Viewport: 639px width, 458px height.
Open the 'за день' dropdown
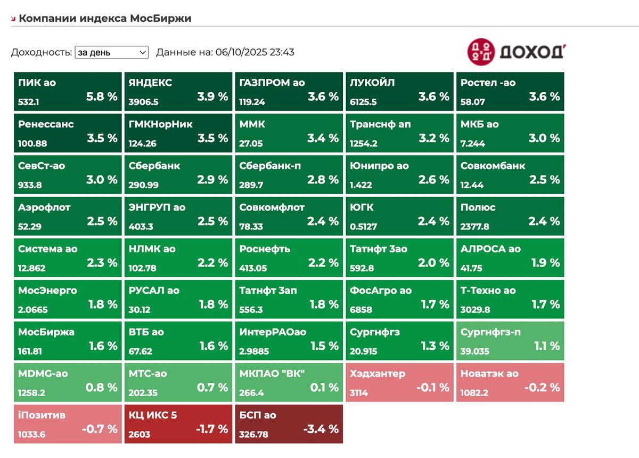[112, 52]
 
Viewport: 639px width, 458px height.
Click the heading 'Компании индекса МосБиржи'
[105, 18]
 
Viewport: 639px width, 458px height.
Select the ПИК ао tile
[68, 92]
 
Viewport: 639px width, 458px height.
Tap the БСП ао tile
[289, 424]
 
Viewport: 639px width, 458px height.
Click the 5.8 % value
[102, 97]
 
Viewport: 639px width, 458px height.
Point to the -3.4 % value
[321, 429]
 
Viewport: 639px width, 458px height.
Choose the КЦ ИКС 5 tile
[178, 424]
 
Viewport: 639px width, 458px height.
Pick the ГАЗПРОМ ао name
[272, 83]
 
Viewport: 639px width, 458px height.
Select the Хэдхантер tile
[399, 382]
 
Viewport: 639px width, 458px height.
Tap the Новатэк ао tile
[510, 382]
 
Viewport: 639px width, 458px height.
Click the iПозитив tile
[68, 424]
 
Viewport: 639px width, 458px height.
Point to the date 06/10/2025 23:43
[254, 52]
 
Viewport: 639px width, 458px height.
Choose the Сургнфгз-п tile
[510, 341]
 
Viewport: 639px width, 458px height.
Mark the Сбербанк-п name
[270, 166]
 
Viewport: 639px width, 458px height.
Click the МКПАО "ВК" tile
[289, 382]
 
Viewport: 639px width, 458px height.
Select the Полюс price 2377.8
[476, 227]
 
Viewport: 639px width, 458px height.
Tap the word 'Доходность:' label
[42, 52]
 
